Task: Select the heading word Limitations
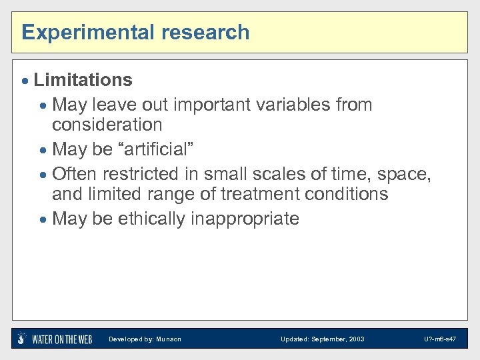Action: (83, 80)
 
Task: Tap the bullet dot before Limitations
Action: (26, 81)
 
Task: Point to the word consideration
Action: (107, 125)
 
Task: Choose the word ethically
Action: (152, 219)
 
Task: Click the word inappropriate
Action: (245, 219)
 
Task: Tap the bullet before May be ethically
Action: (44, 219)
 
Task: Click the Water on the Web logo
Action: (55, 339)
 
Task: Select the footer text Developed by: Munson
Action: (145, 339)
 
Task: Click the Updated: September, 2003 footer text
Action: (322, 339)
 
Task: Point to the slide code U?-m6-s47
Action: (439, 339)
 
